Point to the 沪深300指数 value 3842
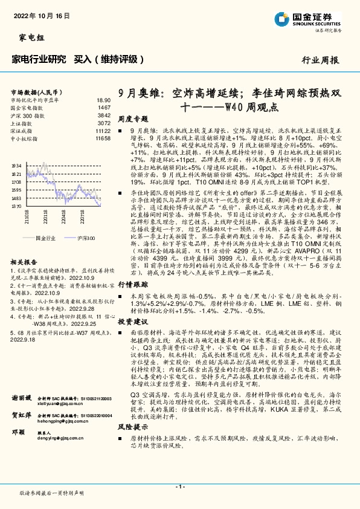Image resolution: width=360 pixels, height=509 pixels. point(104,114)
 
